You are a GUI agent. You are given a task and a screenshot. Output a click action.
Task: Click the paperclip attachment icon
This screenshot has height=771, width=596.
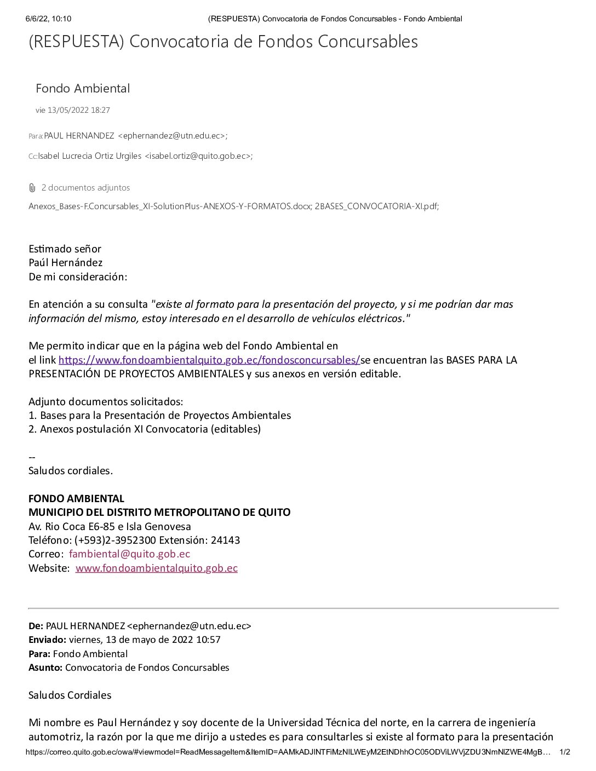pyautogui.click(x=32, y=188)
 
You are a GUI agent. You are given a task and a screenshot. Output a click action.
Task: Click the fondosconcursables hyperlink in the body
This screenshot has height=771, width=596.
pyautogui.click(x=209, y=360)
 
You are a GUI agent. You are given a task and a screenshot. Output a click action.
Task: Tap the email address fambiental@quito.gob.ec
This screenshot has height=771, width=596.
pyautogui.click(x=129, y=554)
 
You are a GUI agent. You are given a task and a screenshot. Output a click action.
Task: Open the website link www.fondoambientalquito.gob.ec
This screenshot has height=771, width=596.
pyautogui.click(x=156, y=568)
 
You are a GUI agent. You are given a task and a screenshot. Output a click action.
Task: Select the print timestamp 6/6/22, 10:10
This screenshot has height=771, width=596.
pyautogui.click(x=48, y=19)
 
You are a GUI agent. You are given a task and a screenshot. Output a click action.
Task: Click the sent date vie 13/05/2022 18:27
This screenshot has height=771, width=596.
pyautogui.click(x=73, y=110)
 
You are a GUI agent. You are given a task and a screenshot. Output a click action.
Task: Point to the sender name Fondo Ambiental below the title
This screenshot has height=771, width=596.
pyautogui.click(x=83, y=88)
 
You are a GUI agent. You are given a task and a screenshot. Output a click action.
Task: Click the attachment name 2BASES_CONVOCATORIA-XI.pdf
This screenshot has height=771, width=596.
pyautogui.click(x=376, y=206)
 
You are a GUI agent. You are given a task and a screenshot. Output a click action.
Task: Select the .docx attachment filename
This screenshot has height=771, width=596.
pyautogui.click(x=169, y=206)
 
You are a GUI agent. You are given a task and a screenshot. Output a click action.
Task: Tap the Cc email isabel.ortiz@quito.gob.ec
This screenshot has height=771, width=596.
pyautogui.click(x=198, y=156)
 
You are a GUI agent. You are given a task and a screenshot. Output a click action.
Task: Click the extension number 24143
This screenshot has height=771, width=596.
pyautogui.click(x=225, y=540)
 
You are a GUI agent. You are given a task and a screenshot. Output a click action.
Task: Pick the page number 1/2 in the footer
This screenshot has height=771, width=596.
pyautogui.click(x=564, y=752)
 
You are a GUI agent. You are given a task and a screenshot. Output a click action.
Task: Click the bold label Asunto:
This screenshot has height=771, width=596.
pyautogui.click(x=45, y=668)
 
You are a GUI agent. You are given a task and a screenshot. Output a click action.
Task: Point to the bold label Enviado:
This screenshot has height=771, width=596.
pyautogui.click(x=47, y=640)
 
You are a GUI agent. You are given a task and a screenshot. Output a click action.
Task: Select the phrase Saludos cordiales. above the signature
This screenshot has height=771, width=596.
pyautogui.click(x=71, y=470)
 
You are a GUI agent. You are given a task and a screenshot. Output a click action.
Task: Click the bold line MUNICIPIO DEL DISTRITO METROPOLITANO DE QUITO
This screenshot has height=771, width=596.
pyautogui.click(x=159, y=512)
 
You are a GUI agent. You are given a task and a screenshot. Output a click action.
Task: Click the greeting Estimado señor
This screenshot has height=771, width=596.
pyautogui.click(x=65, y=249)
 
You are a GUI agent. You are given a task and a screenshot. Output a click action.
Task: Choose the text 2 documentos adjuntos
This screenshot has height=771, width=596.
pyautogui.click(x=85, y=188)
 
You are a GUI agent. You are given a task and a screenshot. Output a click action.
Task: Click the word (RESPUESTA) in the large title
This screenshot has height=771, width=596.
pyautogui.click(x=76, y=42)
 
